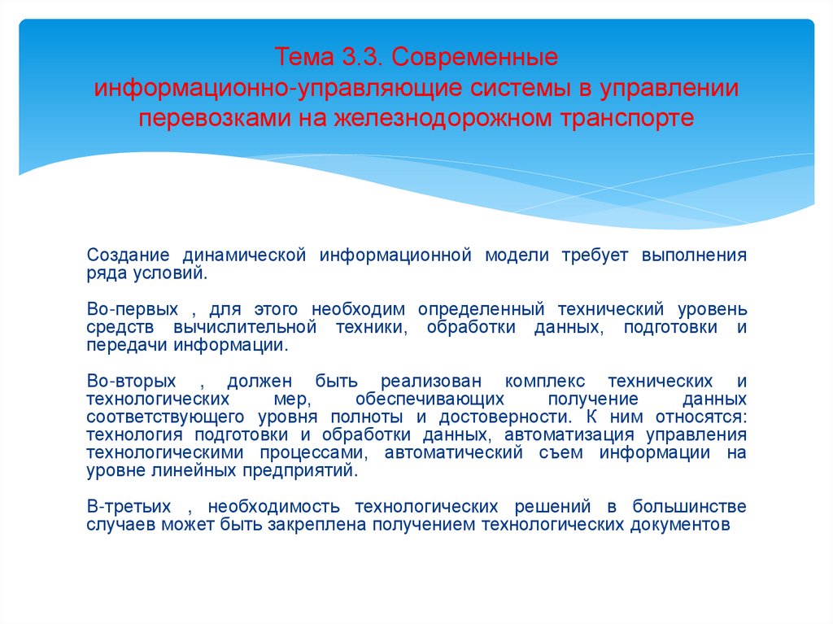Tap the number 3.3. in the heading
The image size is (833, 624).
351,59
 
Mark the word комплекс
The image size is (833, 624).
541,381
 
